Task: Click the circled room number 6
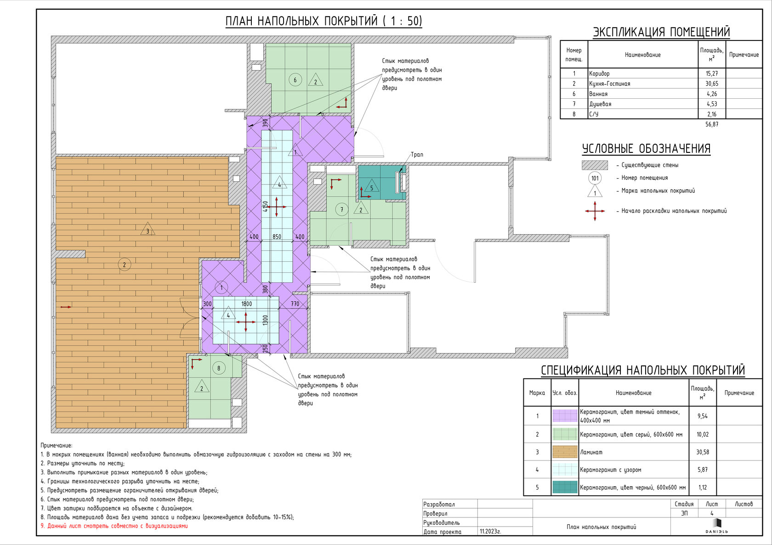pyautogui.click(x=295, y=80)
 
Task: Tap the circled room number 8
pyautogui.click(x=219, y=368)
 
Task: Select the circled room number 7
pyautogui.click(x=341, y=210)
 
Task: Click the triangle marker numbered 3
pyautogui.click(x=148, y=229)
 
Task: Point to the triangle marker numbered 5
pyautogui.click(x=371, y=186)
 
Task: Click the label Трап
pyautogui.click(x=417, y=155)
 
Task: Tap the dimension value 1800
pyautogui.click(x=246, y=303)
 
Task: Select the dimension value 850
pyautogui.click(x=277, y=236)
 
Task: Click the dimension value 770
pyautogui.click(x=295, y=303)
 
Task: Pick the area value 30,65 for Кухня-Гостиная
pyautogui.click(x=712, y=84)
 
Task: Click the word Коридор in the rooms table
pyautogui.click(x=599, y=73)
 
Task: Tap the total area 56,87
pyautogui.click(x=712, y=124)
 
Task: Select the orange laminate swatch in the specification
pyautogui.click(x=565, y=452)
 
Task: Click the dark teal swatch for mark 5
pyautogui.click(x=565, y=487)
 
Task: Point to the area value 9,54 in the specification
pyautogui.click(x=702, y=416)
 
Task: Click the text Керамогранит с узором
pyautogui.click(x=610, y=470)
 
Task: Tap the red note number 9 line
pyautogui.click(x=114, y=526)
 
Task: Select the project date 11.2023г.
pyautogui.click(x=490, y=531)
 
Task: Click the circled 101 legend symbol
pyautogui.click(x=595, y=178)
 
